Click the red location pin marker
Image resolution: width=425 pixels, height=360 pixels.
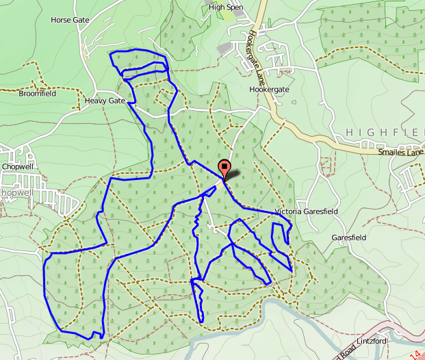(x=224, y=168)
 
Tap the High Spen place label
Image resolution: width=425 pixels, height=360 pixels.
(x=226, y=8)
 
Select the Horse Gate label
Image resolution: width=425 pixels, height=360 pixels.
(x=70, y=20)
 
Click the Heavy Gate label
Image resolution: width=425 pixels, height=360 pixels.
(x=105, y=101)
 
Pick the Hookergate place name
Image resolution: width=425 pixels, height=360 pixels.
(x=270, y=90)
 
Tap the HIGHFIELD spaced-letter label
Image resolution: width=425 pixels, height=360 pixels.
(x=385, y=131)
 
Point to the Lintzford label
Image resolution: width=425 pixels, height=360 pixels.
(x=372, y=341)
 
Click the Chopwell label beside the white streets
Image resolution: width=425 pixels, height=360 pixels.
(x=18, y=166)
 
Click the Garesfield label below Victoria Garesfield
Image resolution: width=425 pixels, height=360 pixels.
(x=349, y=237)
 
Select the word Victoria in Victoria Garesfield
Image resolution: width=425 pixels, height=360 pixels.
(x=287, y=212)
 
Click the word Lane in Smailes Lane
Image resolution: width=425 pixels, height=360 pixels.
(x=416, y=152)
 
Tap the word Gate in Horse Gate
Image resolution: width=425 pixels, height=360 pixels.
(x=81, y=20)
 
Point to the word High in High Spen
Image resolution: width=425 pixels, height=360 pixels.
(x=218, y=8)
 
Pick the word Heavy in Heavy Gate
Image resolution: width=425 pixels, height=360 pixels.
(x=96, y=101)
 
